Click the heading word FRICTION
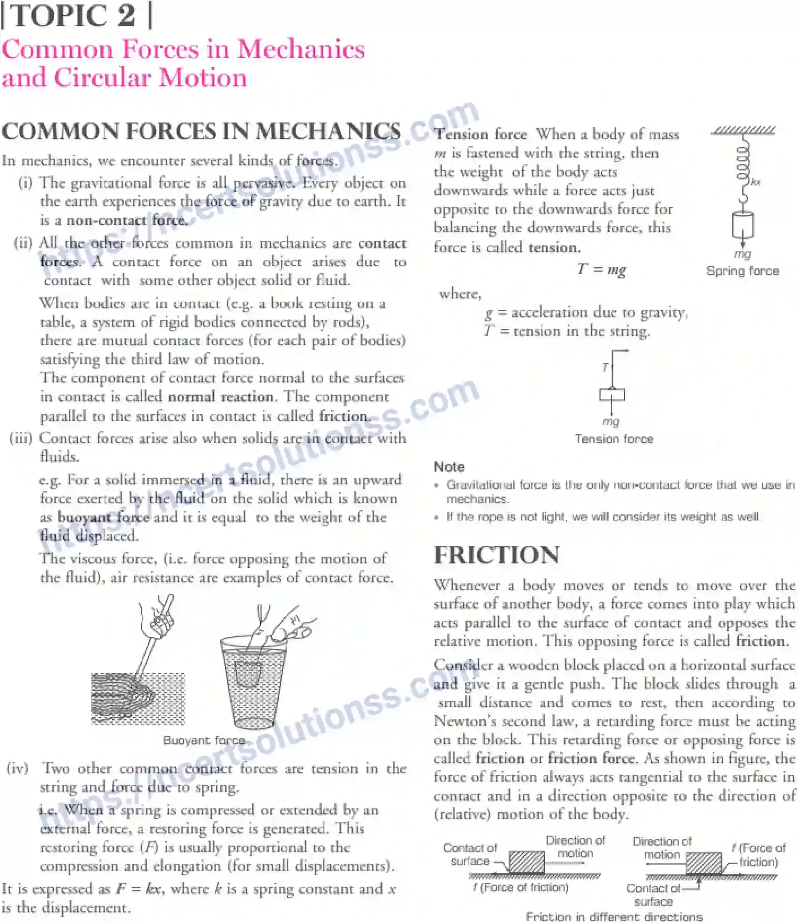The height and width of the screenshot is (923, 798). click(496, 555)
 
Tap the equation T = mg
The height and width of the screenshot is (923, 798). click(602, 269)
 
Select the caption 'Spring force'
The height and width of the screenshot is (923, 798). click(742, 271)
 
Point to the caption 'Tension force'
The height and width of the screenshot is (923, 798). click(614, 439)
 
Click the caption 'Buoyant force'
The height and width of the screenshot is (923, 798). click(204, 740)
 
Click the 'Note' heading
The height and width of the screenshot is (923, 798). click(449, 467)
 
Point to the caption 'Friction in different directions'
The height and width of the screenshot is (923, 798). click(614, 916)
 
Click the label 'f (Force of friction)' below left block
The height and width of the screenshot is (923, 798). click(521, 887)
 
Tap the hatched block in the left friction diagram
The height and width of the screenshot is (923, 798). click(526, 862)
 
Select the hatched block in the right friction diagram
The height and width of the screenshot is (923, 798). click(703, 863)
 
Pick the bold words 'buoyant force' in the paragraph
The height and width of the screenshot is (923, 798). click(104, 517)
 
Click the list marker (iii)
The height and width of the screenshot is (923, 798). click(21, 438)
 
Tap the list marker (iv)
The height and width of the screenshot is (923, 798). click(17, 768)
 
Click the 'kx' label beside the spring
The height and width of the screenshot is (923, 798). click(755, 182)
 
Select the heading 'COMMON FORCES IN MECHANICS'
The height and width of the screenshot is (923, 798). click(201, 131)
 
